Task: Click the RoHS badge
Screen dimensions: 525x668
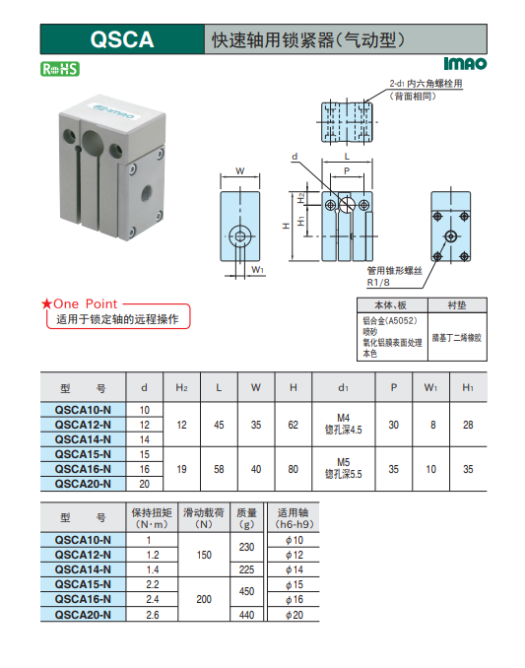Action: (x=60, y=69)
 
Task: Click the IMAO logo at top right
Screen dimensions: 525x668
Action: (x=465, y=63)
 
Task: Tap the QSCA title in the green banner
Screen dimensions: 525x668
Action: (x=122, y=39)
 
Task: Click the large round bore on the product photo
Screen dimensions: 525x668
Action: (x=93, y=143)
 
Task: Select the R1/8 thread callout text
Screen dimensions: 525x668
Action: (x=378, y=282)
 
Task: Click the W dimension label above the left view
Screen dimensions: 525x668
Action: (x=240, y=170)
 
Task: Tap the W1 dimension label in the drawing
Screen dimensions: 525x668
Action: (x=257, y=269)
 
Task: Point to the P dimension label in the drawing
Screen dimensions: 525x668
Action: (x=347, y=170)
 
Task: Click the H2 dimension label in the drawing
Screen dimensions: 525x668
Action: (x=301, y=198)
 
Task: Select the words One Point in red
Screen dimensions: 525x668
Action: (x=85, y=303)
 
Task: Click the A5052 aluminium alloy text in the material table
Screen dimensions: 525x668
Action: (x=390, y=320)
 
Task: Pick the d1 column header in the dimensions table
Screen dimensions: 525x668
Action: (x=343, y=387)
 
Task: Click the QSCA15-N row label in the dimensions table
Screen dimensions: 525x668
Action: (x=83, y=454)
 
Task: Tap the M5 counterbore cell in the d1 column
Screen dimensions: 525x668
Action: (x=343, y=468)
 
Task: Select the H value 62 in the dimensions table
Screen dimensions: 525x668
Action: (x=293, y=425)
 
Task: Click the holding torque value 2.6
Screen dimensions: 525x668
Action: (x=153, y=615)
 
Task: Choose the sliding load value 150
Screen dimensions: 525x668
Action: (x=204, y=555)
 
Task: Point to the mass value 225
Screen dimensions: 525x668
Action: (x=246, y=569)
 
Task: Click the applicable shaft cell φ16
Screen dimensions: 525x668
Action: (x=295, y=599)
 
